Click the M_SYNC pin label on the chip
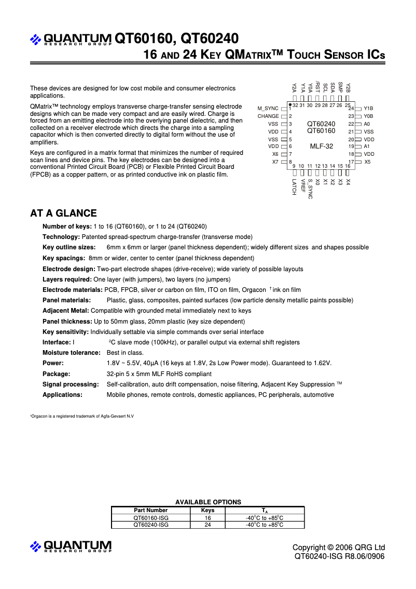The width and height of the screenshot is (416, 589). click(x=268, y=109)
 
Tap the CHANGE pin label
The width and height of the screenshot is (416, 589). click(x=268, y=116)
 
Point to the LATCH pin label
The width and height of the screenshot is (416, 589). click(x=294, y=187)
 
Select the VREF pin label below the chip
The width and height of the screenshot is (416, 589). click(x=302, y=186)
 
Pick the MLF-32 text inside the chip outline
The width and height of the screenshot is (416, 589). click(x=321, y=146)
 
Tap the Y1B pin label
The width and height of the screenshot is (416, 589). click(x=368, y=109)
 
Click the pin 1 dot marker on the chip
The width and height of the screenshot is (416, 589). click(x=289, y=104)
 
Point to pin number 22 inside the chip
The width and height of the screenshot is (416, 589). click(x=351, y=124)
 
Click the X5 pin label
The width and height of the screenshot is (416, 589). click(x=367, y=162)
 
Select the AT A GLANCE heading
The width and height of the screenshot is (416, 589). click(x=63, y=213)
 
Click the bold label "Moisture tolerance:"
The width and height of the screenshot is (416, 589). click(x=71, y=353)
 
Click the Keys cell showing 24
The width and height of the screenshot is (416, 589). click(x=207, y=525)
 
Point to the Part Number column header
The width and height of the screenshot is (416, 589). click(x=150, y=511)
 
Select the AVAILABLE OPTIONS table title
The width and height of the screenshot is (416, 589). click(x=208, y=502)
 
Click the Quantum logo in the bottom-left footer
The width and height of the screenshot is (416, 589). click(x=71, y=546)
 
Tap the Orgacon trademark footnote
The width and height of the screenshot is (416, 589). click(x=81, y=417)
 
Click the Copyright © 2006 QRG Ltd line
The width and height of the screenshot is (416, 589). click(x=338, y=547)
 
